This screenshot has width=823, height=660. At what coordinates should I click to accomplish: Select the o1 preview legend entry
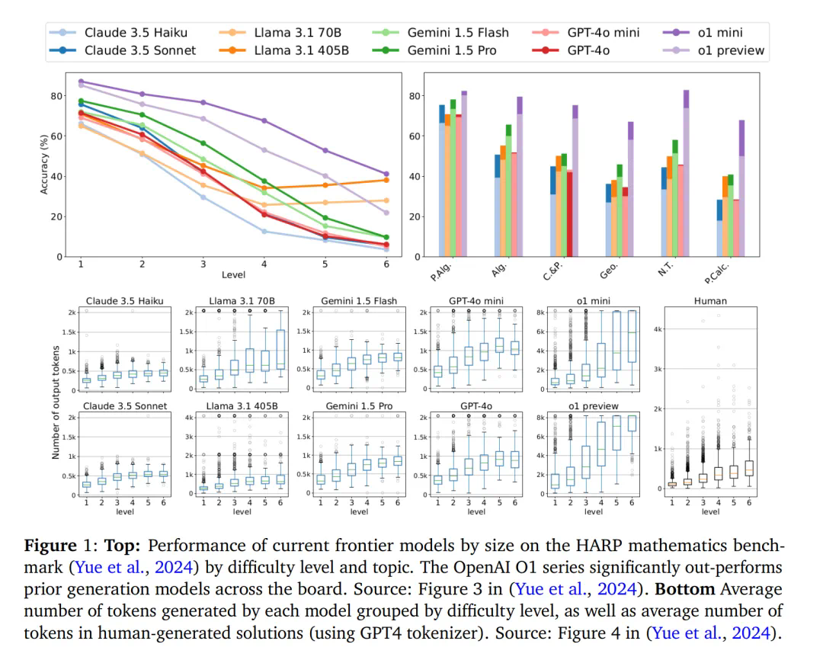pos(730,50)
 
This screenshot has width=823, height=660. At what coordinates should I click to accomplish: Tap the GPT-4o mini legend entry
pos(603,33)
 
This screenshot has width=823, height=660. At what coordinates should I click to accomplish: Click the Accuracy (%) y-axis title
pos(44,165)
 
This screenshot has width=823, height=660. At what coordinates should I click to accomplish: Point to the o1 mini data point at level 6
pos(386,174)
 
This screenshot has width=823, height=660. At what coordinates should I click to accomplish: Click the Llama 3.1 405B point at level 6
pos(386,180)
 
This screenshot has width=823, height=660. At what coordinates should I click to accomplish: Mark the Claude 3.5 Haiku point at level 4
pos(264,231)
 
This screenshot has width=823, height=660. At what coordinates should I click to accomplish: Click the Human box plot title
pos(710,301)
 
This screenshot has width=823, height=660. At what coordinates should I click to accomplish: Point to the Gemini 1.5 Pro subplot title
pos(359,406)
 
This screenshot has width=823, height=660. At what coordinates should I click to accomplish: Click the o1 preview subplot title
pos(594,406)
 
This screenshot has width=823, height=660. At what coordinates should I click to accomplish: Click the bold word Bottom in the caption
pos(684,591)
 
